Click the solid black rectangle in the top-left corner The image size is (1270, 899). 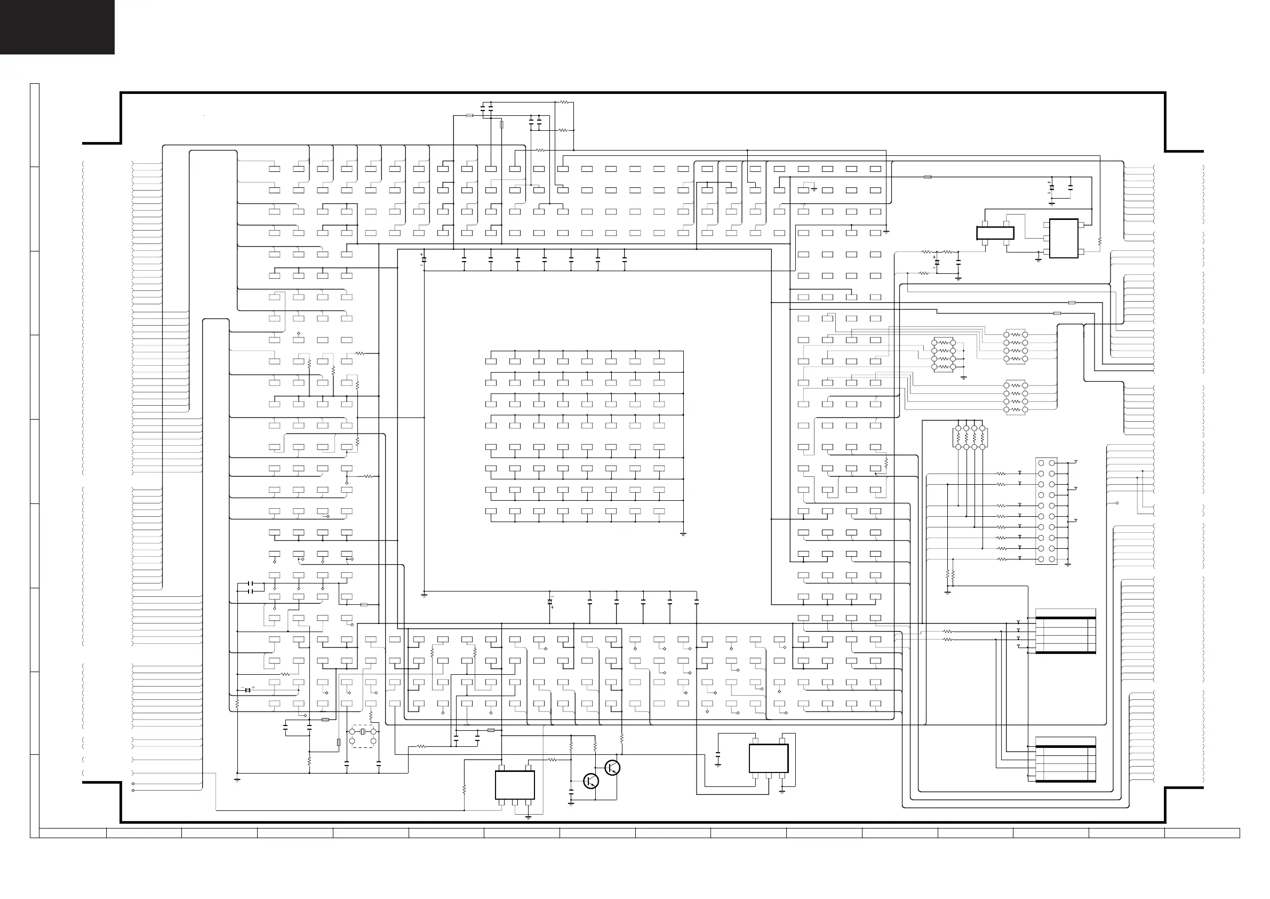pyautogui.click(x=57, y=27)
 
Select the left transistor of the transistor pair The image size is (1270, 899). pyautogui.click(x=591, y=781)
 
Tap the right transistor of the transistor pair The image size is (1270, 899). pyautogui.click(x=612, y=768)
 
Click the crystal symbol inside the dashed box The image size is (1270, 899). pyautogui.click(x=363, y=732)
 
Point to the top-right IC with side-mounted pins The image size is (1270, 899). pyautogui.click(x=1063, y=238)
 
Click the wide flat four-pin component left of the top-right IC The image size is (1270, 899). pyautogui.click(x=995, y=233)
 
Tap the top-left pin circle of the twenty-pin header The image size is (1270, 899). pyautogui.click(x=1041, y=463)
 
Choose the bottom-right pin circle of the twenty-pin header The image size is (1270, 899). pyautogui.click(x=1051, y=559)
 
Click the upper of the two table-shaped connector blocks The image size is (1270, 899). pyautogui.click(x=1065, y=632)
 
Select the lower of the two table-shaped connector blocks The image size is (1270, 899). pyautogui.click(x=1065, y=760)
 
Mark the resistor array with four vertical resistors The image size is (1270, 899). pyautogui.click(x=970, y=437)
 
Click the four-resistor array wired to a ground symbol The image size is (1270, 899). pyautogui.click(x=944, y=355)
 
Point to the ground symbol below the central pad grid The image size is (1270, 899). pyautogui.click(x=684, y=535)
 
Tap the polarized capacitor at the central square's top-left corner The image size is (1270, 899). pyautogui.click(x=423, y=259)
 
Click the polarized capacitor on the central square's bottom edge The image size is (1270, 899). pyautogui.click(x=550, y=602)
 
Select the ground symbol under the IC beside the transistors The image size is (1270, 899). pyautogui.click(x=528, y=817)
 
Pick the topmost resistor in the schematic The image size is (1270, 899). pyautogui.click(x=565, y=102)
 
